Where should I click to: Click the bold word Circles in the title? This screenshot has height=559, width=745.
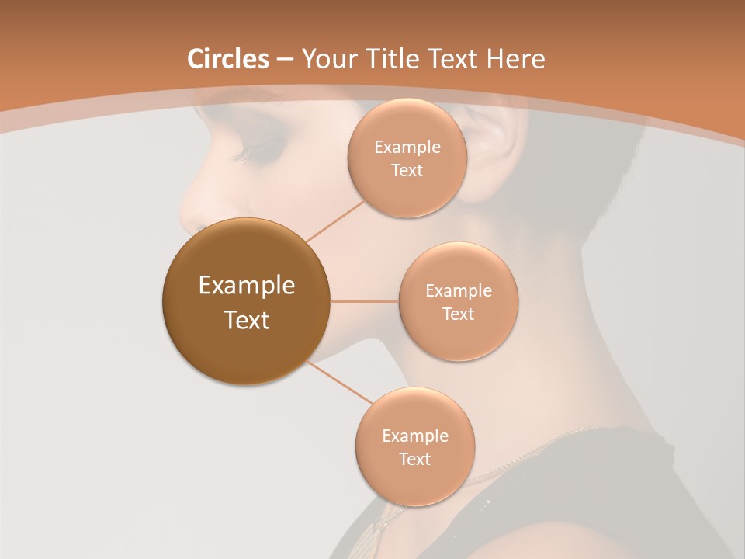[x=228, y=59]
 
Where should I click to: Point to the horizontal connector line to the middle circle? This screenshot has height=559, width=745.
[x=364, y=301]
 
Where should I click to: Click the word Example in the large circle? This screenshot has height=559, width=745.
[x=247, y=286]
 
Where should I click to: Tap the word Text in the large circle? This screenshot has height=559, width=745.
[x=247, y=320]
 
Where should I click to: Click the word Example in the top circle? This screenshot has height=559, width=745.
[x=407, y=148]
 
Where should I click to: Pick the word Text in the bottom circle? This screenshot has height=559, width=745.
[x=414, y=459]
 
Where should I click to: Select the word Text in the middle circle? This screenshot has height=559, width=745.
[x=458, y=314]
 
